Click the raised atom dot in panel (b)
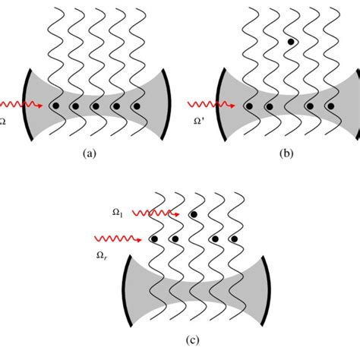(x=291, y=43)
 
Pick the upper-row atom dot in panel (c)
(x=195, y=215)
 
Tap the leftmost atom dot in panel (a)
(x=55, y=106)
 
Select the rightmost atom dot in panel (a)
(x=137, y=106)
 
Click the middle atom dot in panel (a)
(x=96, y=106)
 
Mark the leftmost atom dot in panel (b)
(x=248, y=106)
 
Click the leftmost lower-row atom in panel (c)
(x=154, y=239)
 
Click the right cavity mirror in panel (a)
(x=166, y=106)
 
